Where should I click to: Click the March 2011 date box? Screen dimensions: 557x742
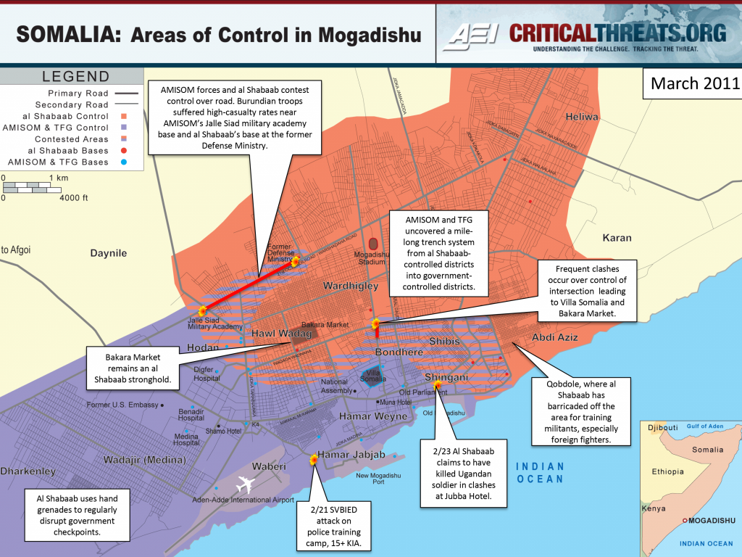pyautogui.click(x=691, y=83)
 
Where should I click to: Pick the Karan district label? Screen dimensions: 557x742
pyautogui.click(x=617, y=237)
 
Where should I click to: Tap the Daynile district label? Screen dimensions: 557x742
pyautogui.click(x=109, y=253)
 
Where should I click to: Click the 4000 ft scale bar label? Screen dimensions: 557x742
pyautogui.click(x=74, y=197)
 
